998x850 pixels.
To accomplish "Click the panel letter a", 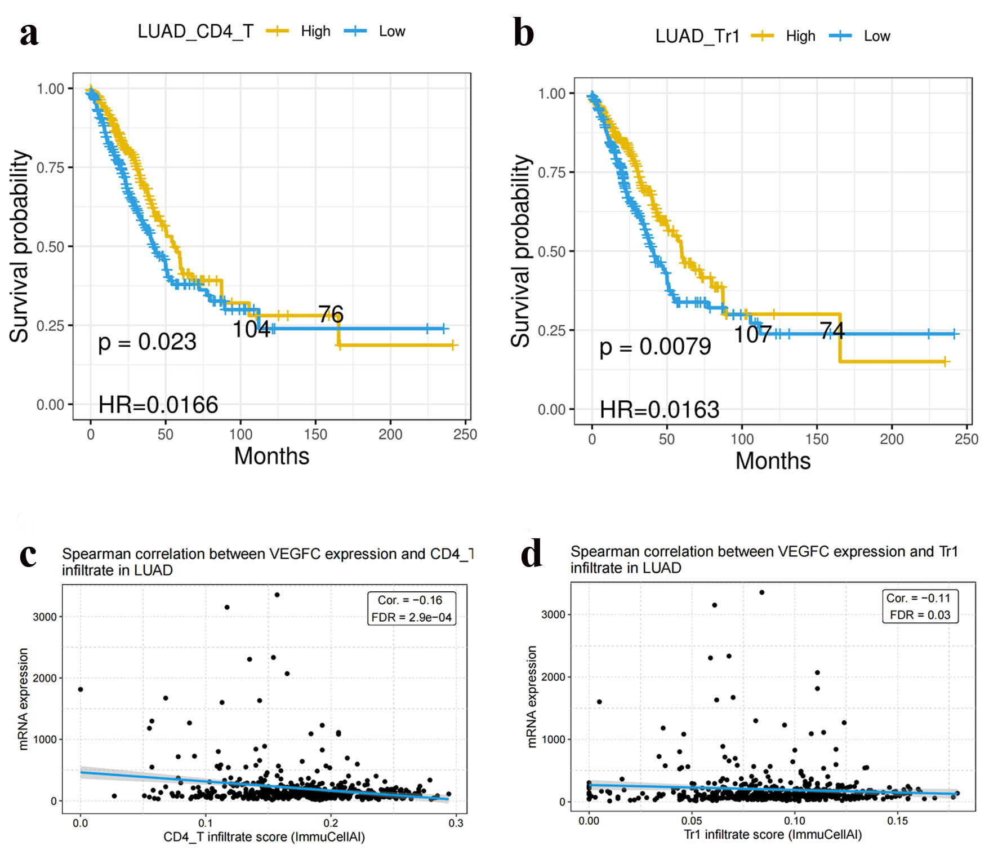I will coord(29,34).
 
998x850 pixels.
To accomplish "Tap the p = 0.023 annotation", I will coord(147,342).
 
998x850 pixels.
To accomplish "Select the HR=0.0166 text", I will coord(158,405).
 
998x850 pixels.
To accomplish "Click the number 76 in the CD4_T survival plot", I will coord(331,314).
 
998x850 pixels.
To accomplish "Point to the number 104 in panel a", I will coord(251,329).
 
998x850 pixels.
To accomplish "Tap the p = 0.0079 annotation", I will coord(655,347).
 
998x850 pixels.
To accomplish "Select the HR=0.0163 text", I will coord(660,410).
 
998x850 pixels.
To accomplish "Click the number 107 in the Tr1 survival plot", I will coord(752,334).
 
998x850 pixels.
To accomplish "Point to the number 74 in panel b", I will coord(832,331).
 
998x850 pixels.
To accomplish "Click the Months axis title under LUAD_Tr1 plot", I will coord(773,461).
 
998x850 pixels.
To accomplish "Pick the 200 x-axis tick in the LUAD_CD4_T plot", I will coord(390,435).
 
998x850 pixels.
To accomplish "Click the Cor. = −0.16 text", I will coord(410,600).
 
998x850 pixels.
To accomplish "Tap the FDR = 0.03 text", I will coord(920,615).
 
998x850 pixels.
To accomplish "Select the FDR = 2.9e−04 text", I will coord(411,617).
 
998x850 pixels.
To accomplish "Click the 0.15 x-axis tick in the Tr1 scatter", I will coord(897,821).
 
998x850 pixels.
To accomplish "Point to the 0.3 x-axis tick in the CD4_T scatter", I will coord(456,823).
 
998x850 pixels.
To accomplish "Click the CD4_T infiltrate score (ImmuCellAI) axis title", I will coord(264,837).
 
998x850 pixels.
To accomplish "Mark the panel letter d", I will coord(532,554).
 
